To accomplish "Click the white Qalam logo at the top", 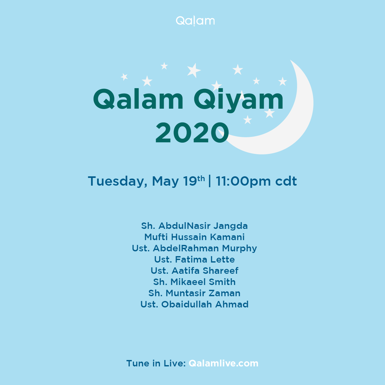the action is (195, 21).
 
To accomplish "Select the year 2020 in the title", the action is (192, 133).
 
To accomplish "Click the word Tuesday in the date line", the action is (117, 181).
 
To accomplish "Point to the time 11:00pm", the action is (243, 181).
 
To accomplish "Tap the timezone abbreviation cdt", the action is (286, 181).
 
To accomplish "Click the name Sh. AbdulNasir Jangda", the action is (194, 226).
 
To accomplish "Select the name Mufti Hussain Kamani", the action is (194, 237).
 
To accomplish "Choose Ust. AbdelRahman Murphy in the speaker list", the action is (194, 248).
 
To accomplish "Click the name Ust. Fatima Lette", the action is (194, 259).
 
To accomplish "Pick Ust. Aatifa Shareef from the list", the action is (194, 271).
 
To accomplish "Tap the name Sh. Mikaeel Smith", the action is (194, 282).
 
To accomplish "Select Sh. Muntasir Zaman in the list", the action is (194, 293).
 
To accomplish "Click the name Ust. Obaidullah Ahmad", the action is (194, 304).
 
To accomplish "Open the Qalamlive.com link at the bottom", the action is (223, 363).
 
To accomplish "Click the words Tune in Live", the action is (156, 363).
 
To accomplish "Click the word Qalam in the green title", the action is (138, 99).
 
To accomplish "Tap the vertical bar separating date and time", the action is (209, 181).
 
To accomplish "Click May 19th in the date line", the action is (179, 181).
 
